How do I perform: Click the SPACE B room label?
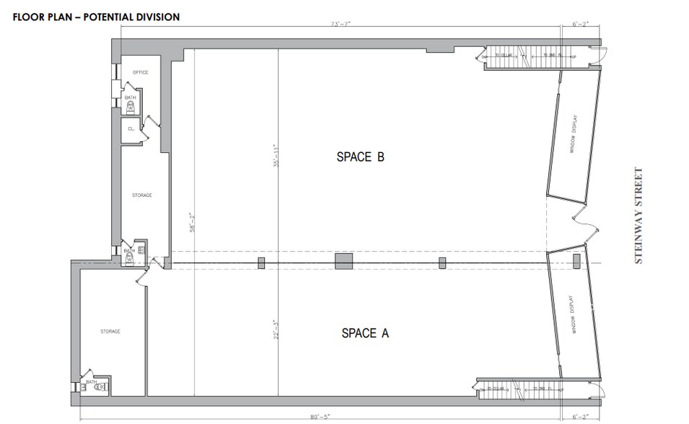click(x=360, y=156)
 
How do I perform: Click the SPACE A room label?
click(x=364, y=332)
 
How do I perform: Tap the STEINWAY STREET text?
click(x=638, y=216)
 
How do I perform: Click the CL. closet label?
click(x=131, y=128)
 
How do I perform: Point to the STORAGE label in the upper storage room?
click(x=141, y=195)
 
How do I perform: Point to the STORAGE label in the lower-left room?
click(x=110, y=331)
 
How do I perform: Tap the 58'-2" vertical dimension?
click(x=190, y=222)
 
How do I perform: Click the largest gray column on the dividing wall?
click(x=343, y=261)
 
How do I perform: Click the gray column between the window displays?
click(x=576, y=262)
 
